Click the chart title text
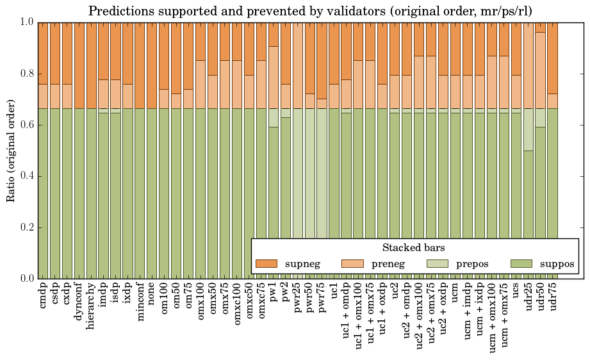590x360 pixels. pos(309,11)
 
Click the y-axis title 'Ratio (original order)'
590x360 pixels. pos(11,150)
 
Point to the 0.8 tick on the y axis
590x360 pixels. pos(26,74)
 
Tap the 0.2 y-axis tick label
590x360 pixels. pos(26,227)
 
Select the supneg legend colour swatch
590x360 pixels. pos(266,263)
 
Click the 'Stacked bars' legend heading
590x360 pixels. pos(413,247)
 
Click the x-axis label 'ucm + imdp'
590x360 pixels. pos(468,314)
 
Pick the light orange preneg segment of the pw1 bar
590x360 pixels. pos(274,77)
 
